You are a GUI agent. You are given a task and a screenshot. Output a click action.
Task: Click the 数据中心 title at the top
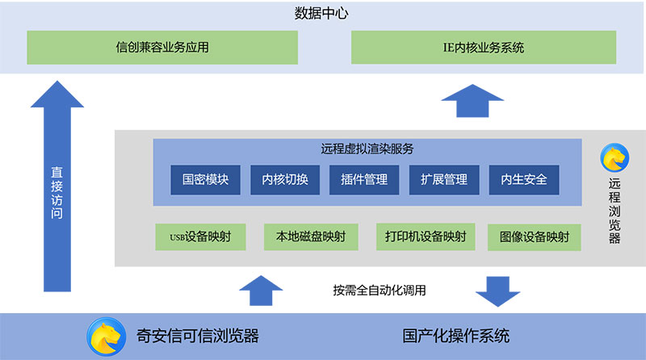coord(323,14)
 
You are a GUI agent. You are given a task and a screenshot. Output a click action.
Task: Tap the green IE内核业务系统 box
coord(484,48)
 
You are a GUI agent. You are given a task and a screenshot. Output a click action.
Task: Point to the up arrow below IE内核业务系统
coord(472,103)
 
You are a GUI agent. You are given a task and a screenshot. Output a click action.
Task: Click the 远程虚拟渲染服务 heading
coord(367,149)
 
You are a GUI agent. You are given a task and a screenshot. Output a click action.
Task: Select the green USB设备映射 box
coord(201,237)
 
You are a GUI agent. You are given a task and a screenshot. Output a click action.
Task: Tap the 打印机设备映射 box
coord(425,237)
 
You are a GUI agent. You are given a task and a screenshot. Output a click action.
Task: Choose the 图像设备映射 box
coord(535,237)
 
